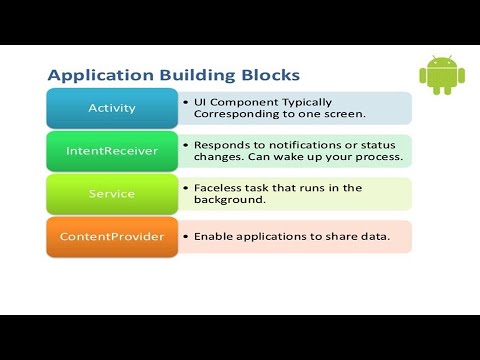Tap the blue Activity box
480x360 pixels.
point(111,108)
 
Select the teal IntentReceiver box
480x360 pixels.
point(111,151)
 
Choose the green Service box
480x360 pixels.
point(111,194)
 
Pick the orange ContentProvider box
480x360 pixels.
point(111,237)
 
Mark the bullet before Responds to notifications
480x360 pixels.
point(186,145)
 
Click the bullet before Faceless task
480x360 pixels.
point(186,188)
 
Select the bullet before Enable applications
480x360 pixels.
point(186,237)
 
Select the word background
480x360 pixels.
point(231,201)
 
